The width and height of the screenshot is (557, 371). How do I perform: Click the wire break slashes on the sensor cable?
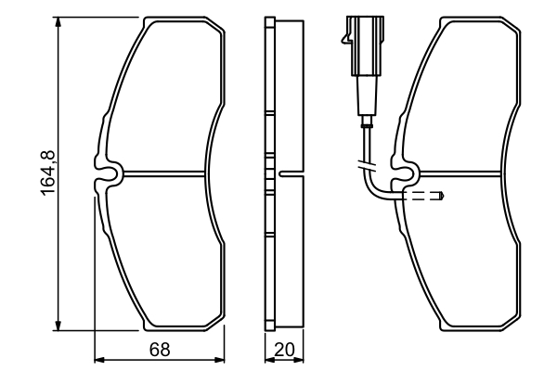(365, 166)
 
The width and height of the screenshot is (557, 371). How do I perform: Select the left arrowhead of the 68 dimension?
(101, 360)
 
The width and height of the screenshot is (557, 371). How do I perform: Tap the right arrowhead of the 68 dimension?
(220, 360)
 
